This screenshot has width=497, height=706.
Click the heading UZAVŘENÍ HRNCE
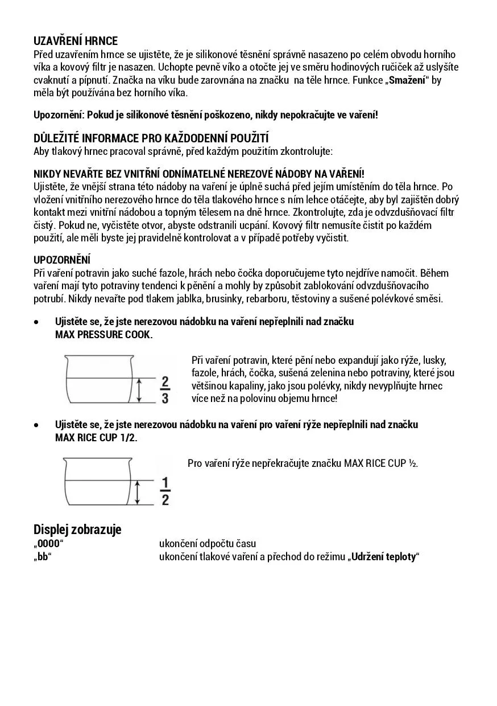[x=76, y=41]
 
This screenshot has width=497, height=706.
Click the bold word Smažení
[x=407, y=80]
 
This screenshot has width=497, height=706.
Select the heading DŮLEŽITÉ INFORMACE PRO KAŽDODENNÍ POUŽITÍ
[x=151, y=138]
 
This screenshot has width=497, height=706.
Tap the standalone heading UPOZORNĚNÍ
[x=62, y=260]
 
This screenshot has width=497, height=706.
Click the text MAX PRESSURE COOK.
[x=103, y=335]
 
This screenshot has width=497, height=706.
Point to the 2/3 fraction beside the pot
[x=165, y=389]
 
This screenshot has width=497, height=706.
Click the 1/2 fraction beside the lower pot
[x=165, y=491]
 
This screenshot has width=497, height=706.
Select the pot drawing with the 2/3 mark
[x=100, y=379]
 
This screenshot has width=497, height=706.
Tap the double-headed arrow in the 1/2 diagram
[x=138, y=491]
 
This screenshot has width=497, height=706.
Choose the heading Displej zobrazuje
[x=77, y=529]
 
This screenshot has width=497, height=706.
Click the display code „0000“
[x=48, y=544]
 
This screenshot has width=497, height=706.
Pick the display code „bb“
[x=42, y=557]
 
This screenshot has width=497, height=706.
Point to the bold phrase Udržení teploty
[x=383, y=557]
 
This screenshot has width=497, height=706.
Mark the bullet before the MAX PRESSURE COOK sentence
[x=36, y=322]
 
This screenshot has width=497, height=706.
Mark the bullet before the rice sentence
[x=36, y=425]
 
